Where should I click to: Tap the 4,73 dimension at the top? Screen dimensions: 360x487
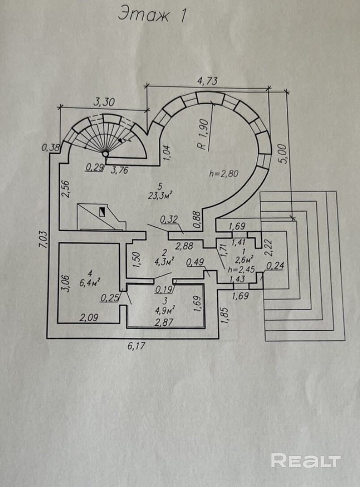(x=208, y=81)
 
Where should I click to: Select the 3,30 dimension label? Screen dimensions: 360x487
(x=104, y=102)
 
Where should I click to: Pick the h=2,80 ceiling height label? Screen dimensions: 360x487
(x=224, y=173)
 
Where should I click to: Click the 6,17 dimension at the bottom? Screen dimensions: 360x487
(x=136, y=345)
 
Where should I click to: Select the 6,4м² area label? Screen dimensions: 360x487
(x=89, y=283)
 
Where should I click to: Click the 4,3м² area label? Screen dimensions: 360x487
(x=164, y=261)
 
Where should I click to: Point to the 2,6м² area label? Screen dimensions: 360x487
(x=244, y=259)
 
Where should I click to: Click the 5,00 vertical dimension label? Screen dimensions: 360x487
(x=282, y=153)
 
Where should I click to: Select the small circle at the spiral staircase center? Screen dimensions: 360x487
(x=106, y=154)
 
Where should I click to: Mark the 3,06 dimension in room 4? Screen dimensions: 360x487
(x=66, y=283)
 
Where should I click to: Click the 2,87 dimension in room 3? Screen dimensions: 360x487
(x=164, y=322)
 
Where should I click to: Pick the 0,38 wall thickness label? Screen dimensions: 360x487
(x=51, y=147)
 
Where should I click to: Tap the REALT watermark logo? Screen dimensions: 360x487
(x=306, y=460)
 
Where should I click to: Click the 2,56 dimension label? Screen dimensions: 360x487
(x=66, y=189)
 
